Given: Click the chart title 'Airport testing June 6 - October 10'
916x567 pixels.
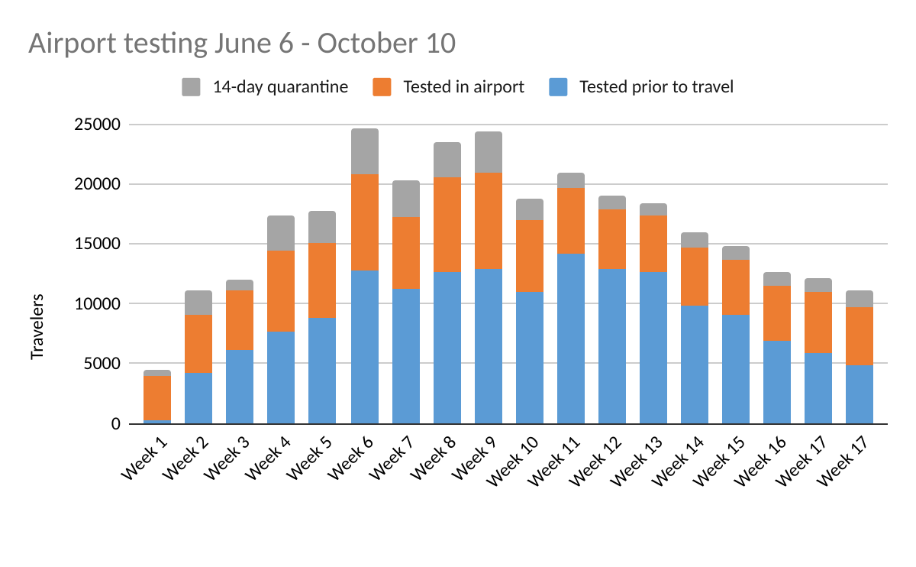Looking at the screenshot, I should click(242, 44).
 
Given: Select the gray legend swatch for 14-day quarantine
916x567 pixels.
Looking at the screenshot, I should click(191, 87).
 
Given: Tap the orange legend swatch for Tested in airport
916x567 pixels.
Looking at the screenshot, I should click(382, 87).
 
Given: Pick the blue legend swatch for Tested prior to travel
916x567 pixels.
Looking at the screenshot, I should click(558, 87).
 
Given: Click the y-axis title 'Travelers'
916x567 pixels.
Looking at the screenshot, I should click(37, 326).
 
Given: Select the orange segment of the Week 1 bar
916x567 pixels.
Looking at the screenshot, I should click(157, 397).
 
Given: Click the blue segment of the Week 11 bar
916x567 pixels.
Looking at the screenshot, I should click(571, 339).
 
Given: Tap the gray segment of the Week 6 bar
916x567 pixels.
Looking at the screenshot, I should click(365, 151).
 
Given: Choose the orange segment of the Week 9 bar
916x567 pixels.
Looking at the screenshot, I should click(489, 221).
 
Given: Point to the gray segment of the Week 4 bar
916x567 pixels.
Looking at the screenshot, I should click(281, 233).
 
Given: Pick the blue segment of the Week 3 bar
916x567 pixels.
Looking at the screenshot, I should click(240, 387).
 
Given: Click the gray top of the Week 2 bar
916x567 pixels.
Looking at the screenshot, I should click(198, 303).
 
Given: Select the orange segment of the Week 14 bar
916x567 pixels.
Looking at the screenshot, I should click(695, 277).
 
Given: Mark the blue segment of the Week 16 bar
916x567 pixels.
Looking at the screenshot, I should click(777, 382).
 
